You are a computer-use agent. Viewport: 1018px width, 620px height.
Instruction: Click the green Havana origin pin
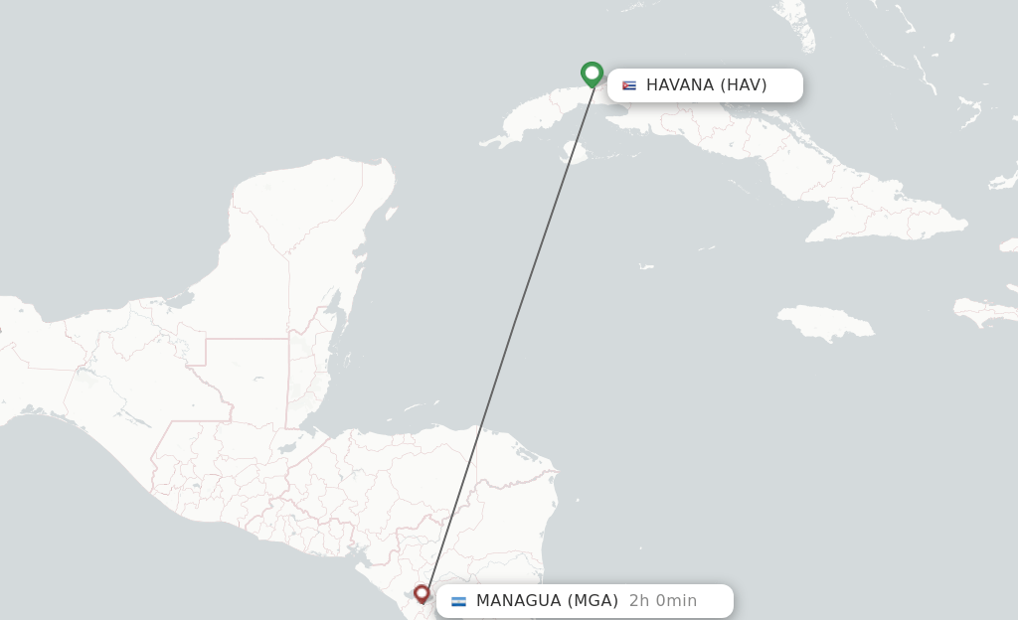pos(592,74)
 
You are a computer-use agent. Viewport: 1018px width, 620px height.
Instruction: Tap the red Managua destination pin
pos(422,593)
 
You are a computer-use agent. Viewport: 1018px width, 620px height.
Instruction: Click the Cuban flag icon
pos(628,85)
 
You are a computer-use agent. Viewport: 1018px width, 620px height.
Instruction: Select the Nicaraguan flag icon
pos(458,601)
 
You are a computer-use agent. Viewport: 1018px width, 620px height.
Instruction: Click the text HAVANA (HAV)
pos(706,85)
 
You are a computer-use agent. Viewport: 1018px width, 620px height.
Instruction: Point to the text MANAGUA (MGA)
pos(547,601)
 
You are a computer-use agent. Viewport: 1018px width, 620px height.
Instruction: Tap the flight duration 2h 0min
pos(663,601)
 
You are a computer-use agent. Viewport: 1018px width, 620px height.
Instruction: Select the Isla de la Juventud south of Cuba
pos(575,152)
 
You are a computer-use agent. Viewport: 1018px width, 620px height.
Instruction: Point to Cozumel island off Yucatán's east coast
pos(391,214)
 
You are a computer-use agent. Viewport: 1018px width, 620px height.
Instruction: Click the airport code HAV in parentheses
pos(744,85)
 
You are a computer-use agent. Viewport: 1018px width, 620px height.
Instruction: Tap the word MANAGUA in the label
pos(519,601)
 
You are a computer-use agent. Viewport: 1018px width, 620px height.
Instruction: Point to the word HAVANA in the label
pos(680,85)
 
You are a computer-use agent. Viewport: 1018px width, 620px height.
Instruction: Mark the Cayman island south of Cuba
pos(646,266)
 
